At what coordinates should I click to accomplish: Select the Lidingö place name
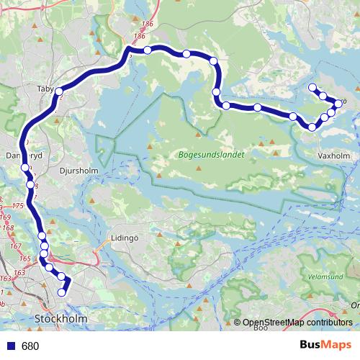tap(123, 237)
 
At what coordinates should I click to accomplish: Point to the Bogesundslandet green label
tap(210, 154)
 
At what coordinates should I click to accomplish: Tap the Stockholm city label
tap(61, 318)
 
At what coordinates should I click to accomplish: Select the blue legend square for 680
tap(11, 346)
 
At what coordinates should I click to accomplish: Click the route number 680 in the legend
tap(30, 346)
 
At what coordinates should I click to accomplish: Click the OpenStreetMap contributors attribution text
tap(297, 323)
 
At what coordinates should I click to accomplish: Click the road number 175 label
tap(18, 207)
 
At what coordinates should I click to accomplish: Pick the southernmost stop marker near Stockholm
tap(63, 292)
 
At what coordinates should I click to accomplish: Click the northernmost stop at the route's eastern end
tap(312, 88)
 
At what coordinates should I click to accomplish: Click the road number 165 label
tap(24, 258)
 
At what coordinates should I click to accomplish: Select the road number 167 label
tap(15, 246)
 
